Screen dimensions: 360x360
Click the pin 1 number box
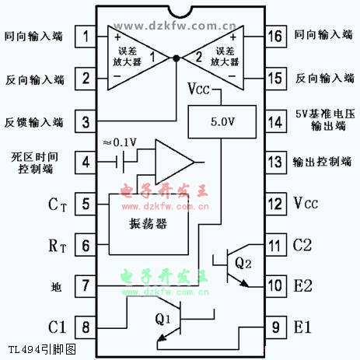click(x=86, y=37)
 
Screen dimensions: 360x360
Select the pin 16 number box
click(x=276, y=37)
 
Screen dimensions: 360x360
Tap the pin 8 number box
click(x=86, y=327)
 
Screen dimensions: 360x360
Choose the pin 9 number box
click(x=276, y=327)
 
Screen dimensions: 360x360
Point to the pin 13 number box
click(x=276, y=163)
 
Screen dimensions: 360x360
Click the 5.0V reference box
click(x=222, y=121)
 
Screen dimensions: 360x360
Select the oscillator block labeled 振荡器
click(x=149, y=224)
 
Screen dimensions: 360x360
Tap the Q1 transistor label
click(x=163, y=319)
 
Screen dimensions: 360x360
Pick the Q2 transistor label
click(x=243, y=263)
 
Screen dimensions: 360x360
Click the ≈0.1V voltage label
click(x=120, y=142)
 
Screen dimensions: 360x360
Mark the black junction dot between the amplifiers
click(x=177, y=58)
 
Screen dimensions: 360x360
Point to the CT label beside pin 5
click(x=58, y=204)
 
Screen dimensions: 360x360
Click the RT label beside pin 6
click(x=58, y=246)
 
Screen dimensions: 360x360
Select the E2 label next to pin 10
click(x=302, y=286)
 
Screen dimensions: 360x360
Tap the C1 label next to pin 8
click(x=57, y=327)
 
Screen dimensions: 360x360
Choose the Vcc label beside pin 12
click(x=306, y=203)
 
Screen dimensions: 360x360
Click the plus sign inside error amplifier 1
click(x=117, y=37)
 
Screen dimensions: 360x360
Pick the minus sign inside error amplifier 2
click(x=232, y=76)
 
